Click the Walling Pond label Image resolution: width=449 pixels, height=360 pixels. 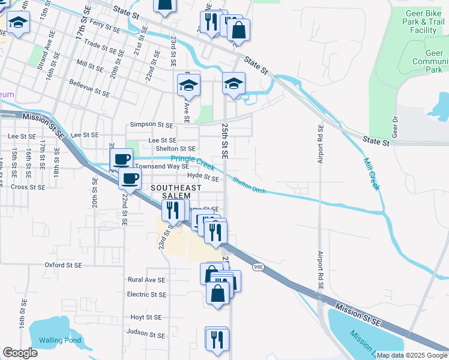coord(59,341)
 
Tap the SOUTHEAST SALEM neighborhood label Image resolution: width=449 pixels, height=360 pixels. coord(170,192)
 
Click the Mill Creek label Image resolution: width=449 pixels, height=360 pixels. coord(372,173)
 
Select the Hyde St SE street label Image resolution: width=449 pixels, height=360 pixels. coord(203,177)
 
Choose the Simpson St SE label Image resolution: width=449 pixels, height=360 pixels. coord(152,125)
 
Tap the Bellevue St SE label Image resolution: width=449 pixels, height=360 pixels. coord(89,88)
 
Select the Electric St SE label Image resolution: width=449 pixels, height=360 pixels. coord(146,295)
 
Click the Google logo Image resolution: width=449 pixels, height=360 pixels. coord(20,353)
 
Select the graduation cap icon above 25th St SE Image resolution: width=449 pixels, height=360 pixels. coord(234,83)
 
